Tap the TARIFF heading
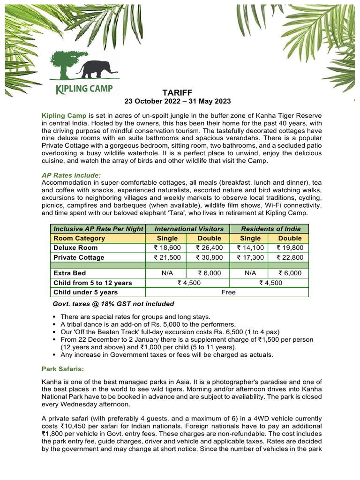click(x=177, y=92)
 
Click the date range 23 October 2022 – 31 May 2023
click(x=177, y=101)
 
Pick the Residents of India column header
click(x=269, y=228)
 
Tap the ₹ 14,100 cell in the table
click(x=249, y=247)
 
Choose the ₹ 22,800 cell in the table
click(x=289, y=257)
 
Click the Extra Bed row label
click(x=70, y=273)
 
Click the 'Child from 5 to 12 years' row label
click(x=93, y=283)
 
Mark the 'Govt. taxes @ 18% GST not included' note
click(x=113, y=304)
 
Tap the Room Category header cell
click(x=79, y=238)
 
